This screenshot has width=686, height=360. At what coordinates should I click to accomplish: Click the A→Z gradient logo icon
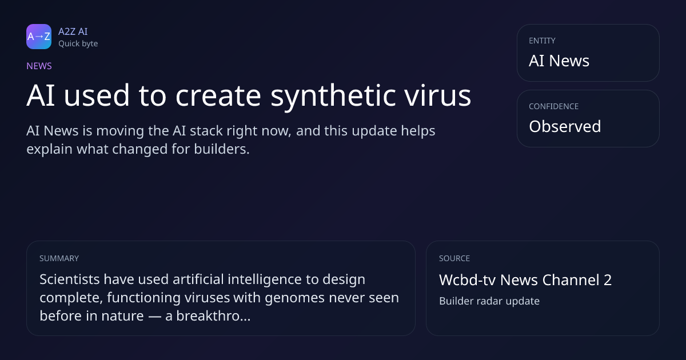tap(39, 37)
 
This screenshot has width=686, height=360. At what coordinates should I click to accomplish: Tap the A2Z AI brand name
tap(73, 31)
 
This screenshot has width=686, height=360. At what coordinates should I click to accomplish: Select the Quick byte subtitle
tap(78, 44)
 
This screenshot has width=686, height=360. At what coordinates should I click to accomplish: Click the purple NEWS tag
tap(39, 66)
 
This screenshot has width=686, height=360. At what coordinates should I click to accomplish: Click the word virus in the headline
tap(438, 95)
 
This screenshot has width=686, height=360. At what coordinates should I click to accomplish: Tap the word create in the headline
tap(218, 96)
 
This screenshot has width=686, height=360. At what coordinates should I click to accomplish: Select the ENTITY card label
tap(542, 41)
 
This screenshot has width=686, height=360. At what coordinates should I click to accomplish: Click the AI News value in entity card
tap(559, 61)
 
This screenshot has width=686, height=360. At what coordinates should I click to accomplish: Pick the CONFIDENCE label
tap(554, 106)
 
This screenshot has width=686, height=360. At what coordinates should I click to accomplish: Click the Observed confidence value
tap(565, 126)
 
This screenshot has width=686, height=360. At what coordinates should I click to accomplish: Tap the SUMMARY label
tap(59, 258)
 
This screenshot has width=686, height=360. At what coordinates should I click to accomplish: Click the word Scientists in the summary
tap(70, 279)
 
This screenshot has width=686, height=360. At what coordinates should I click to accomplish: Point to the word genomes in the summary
tap(294, 298)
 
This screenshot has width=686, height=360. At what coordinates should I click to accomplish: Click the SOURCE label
tap(454, 258)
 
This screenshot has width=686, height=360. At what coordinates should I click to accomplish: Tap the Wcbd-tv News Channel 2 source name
tap(525, 280)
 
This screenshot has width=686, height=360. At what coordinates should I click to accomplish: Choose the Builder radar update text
tap(489, 301)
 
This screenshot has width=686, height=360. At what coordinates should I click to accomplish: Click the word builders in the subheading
tap(222, 149)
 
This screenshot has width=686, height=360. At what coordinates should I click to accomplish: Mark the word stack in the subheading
tap(206, 131)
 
